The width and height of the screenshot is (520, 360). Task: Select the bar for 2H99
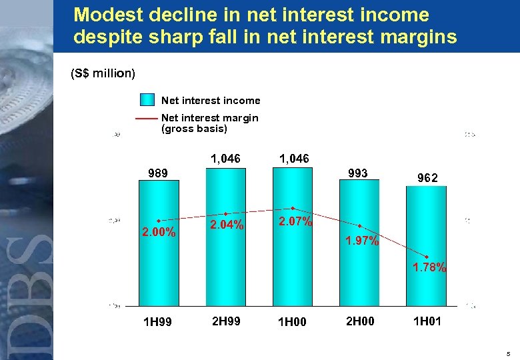tap(226, 267)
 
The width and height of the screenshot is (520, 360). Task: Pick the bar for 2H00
tap(359, 267)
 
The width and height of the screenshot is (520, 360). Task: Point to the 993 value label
tap(357, 173)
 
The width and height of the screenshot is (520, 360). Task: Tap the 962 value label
tap(427, 178)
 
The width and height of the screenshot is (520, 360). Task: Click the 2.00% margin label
tap(159, 233)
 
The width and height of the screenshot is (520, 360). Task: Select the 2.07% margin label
tap(295, 221)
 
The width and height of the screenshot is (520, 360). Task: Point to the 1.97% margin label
tap(362, 241)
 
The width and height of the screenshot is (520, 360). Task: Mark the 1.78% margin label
tap(429, 268)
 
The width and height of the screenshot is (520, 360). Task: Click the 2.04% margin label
tap(227, 225)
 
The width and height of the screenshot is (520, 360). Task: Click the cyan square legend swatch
tap(147, 100)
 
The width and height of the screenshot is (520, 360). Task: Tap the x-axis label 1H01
tap(426, 321)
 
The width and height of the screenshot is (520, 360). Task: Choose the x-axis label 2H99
tap(226, 321)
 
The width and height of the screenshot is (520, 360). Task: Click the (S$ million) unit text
tap(103, 73)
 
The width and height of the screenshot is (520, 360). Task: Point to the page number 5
tap(508, 353)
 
